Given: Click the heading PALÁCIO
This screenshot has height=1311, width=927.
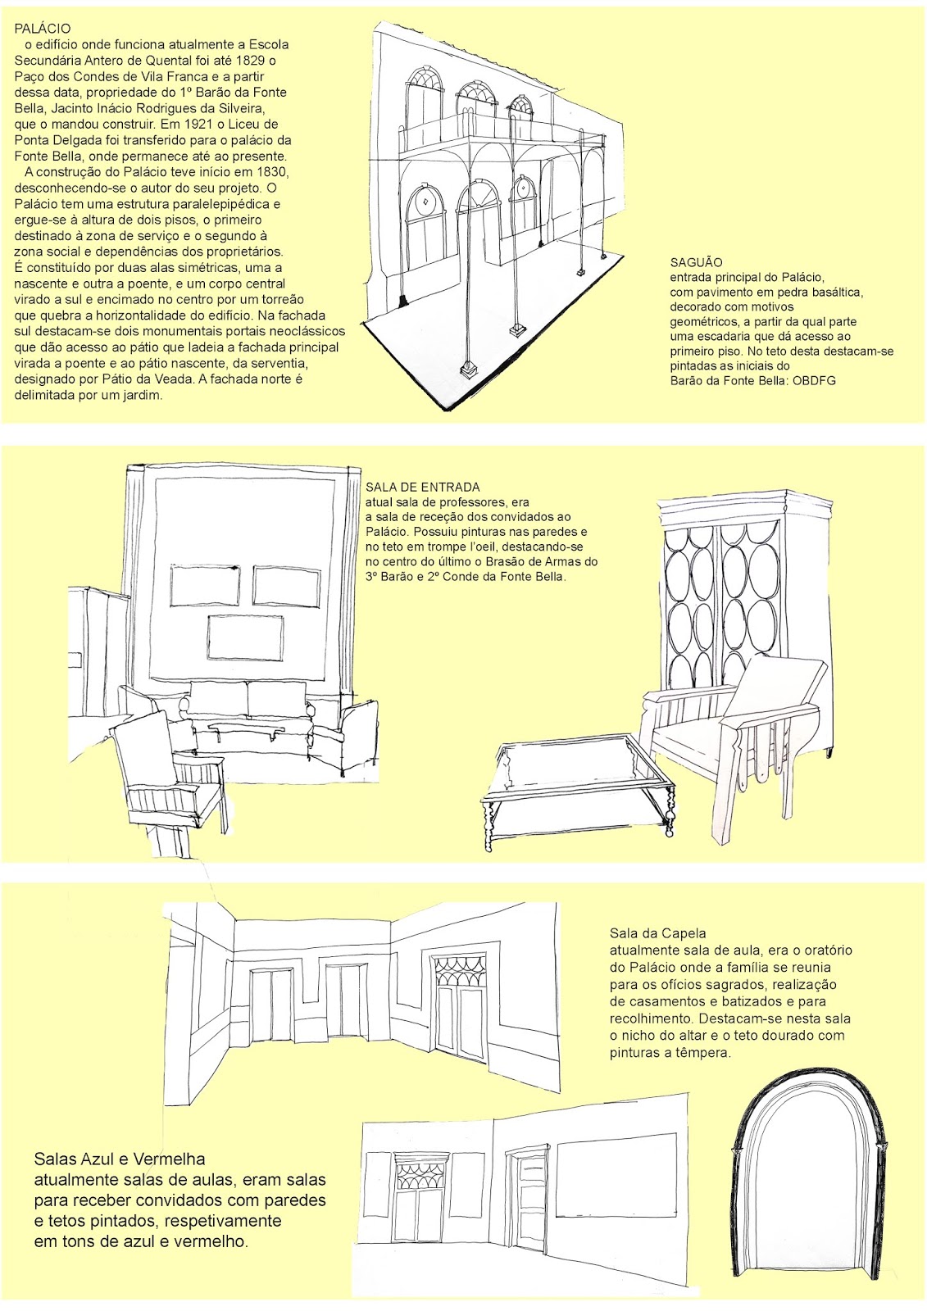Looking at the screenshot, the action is pos(42,28).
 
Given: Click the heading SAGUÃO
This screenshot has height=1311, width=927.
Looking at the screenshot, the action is pos(697,262).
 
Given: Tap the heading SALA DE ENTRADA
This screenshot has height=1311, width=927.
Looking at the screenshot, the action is pos(423,487).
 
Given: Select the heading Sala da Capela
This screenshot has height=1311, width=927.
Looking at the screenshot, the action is pos(657,933).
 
